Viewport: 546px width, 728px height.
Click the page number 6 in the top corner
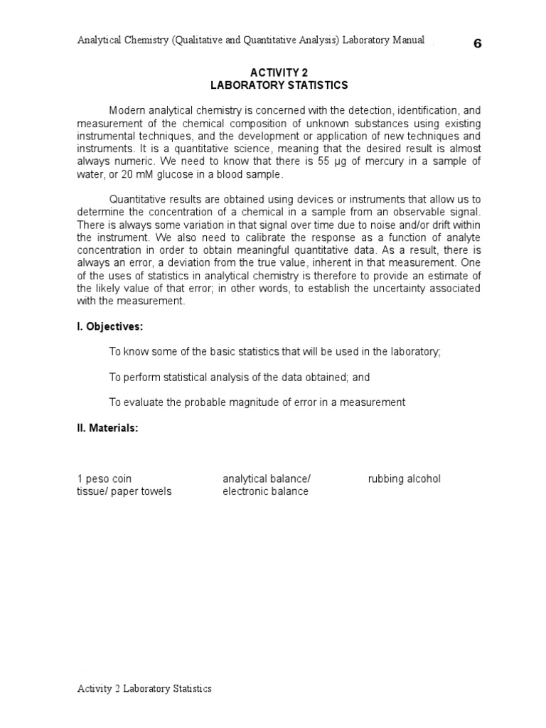click(x=477, y=43)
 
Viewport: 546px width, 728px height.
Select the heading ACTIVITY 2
click(x=279, y=73)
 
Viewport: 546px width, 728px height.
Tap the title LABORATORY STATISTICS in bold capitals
click(x=279, y=85)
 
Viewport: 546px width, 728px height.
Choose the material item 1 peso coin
click(x=105, y=478)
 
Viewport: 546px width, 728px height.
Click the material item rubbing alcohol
click(x=404, y=478)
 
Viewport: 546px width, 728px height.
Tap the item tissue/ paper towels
click(x=124, y=491)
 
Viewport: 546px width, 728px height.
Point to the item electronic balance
click(x=265, y=491)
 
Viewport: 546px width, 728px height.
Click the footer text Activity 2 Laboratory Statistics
click(x=144, y=688)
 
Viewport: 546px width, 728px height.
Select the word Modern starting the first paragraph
click(x=126, y=111)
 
